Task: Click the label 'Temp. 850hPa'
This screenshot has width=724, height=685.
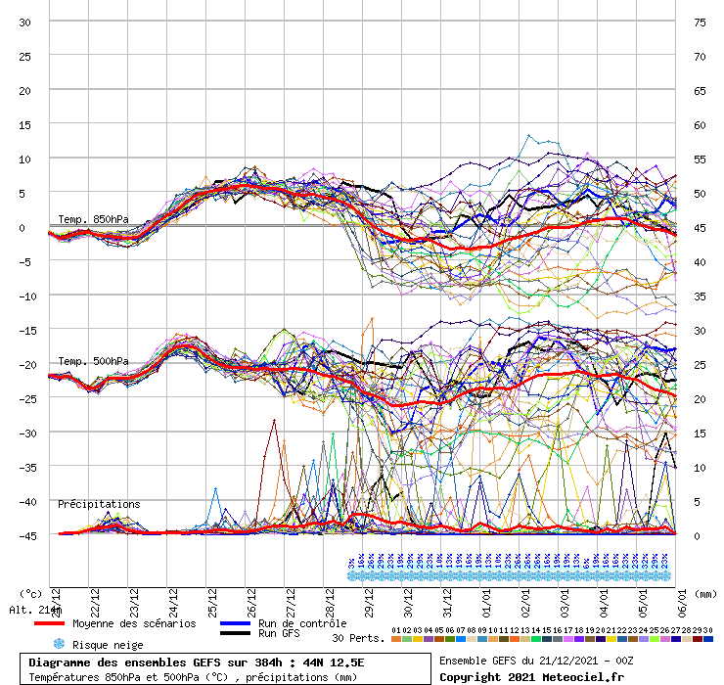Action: (93, 219)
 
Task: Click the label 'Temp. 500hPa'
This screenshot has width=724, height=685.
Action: (93, 361)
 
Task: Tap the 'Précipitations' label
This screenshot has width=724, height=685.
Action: (99, 504)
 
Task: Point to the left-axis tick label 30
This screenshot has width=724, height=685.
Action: (25, 22)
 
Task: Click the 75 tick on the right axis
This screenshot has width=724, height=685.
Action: (699, 22)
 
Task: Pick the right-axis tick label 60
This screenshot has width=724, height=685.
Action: (699, 124)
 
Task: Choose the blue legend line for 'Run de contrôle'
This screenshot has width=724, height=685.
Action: (235, 623)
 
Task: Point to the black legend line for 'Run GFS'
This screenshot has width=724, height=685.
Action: (235, 634)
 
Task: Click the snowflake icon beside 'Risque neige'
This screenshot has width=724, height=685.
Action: (58, 644)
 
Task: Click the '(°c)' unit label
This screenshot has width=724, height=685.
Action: (29, 593)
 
